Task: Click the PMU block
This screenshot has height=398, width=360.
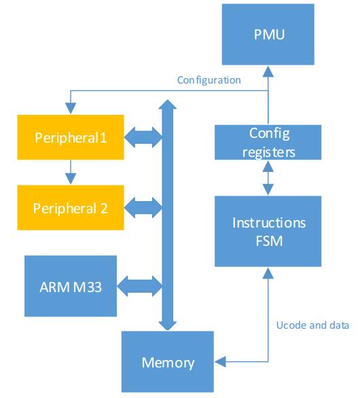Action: click(x=268, y=34)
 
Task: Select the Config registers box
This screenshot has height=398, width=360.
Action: click(x=268, y=143)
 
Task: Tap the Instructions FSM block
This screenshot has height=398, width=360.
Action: click(x=268, y=231)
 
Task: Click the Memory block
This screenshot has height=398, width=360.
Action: click(x=168, y=362)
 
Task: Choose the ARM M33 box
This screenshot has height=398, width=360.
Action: click(x=71, y=286)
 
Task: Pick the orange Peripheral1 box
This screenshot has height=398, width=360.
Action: click(x=71, y=137)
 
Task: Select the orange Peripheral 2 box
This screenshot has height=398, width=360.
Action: click(x=71, y=208)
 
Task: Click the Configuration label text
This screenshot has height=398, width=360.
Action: click(x=209, y=80)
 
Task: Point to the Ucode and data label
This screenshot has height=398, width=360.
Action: click(x=312, y=325)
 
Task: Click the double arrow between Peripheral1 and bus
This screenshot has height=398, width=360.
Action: click(x=143, y=137)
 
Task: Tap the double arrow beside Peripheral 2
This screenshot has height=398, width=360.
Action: click(x=143, y=208)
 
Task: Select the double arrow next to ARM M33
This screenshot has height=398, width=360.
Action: click(x=140, y=287)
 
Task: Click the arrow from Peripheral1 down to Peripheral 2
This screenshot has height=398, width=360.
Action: click(x=71, y=172)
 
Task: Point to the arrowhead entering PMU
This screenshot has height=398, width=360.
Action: click(x=268, y=71)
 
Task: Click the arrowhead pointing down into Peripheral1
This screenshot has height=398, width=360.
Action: click(x=71, y=109)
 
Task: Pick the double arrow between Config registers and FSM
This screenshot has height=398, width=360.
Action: click(x=268, y=178)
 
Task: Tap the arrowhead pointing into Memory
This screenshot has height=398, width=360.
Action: click(x=220, y=361)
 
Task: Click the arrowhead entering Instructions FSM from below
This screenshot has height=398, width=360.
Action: click(x=268, y=273)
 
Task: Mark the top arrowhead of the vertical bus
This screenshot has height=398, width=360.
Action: click(x=168, y=105)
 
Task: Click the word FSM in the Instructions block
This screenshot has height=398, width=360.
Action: click(x=269, y=241)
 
